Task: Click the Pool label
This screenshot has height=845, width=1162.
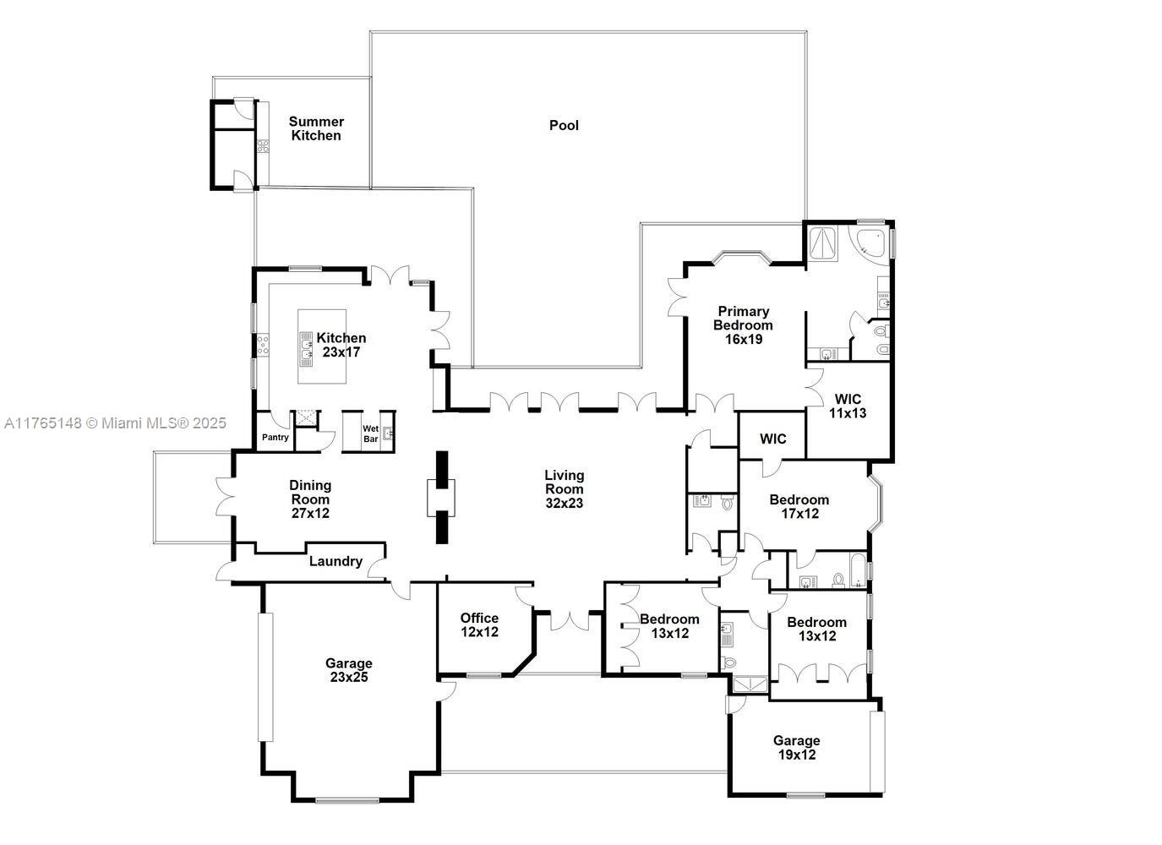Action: [564, 125]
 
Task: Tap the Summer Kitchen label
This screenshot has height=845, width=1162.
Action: [316, 128]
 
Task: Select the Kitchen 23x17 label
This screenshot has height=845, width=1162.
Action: [341, 345]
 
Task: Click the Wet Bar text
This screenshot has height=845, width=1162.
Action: [370, 433]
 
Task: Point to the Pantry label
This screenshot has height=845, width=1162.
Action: [275, 437]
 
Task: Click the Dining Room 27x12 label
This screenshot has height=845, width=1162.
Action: [310, 499]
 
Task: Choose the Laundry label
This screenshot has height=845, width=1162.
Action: [336, 561]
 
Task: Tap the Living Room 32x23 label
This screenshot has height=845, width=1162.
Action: [564, 488]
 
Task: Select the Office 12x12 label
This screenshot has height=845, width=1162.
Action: [479, 624]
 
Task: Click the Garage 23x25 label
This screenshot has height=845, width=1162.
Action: [348, 670]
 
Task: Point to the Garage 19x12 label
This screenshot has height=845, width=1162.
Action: [796, 748]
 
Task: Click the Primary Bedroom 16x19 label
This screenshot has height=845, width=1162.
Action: [743, 324]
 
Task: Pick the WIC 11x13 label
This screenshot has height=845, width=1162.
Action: [848, 406]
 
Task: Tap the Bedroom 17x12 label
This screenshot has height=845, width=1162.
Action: [799, 506]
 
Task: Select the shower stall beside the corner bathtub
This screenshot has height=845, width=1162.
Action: [823, 242]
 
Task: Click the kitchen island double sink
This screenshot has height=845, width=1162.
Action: [307, 346]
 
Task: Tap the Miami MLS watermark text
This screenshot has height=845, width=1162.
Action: [115, 422]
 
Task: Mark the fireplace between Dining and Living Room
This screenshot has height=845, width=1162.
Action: [441, 498]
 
